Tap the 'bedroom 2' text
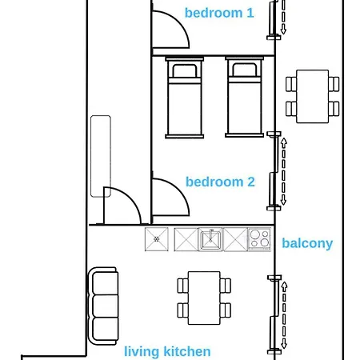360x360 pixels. [220, 182]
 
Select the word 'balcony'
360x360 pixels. [307, 243]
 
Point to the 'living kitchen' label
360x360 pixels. [167, 351]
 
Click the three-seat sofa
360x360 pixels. [103, 304]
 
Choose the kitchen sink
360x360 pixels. [211, 238]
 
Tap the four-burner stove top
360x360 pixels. [259, 238]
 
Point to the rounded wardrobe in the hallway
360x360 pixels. [101, 155]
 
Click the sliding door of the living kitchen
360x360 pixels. [280, 314]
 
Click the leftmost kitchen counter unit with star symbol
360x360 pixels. [156, 238]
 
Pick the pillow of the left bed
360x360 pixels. [184, 70]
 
